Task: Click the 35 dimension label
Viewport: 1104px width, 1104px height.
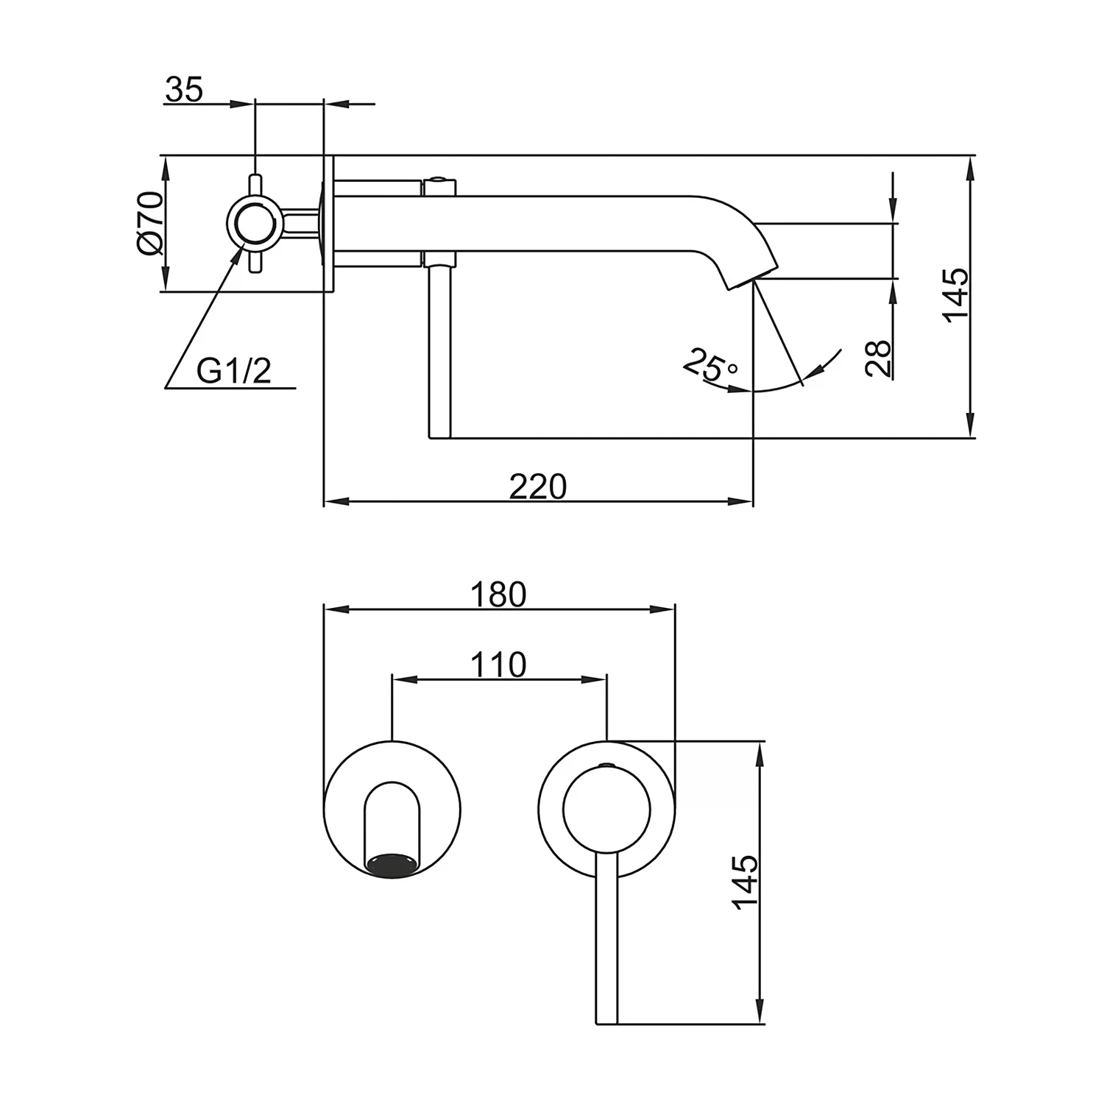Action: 183,90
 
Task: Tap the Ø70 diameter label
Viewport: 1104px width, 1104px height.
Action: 149,223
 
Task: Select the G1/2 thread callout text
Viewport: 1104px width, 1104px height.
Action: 233,371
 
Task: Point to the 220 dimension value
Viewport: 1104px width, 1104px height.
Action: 538,486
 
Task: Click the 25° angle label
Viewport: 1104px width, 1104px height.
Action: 710,364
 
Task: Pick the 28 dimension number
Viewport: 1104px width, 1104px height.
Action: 878,358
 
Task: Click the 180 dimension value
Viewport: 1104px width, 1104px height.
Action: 499,595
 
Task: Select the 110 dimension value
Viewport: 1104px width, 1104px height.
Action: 499,665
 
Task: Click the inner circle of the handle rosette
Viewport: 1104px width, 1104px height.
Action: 606,810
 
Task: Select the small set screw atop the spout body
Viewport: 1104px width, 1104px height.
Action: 439,179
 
